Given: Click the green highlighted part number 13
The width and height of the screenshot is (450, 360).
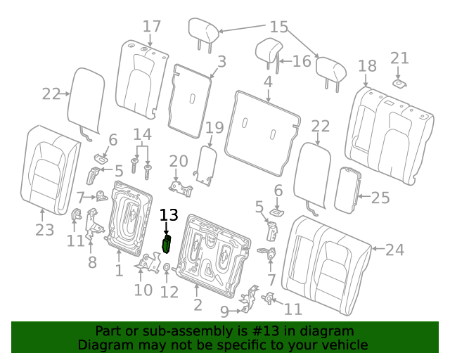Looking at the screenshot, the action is pyautogui.click(x=167, y=244).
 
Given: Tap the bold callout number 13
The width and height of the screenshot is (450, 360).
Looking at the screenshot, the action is pyautogui.click(x=169, y=214).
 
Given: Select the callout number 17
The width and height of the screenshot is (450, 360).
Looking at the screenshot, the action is pyautogui.click(x=152, y=27).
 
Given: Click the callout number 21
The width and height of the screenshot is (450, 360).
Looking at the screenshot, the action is pyautogui.click(x=399, y=58).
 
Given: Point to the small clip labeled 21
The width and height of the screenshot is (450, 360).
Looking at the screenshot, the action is pyautogui.click(x=399, y=84).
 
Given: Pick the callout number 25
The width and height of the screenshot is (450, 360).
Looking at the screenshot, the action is pyautogui.click(x=380, y=198).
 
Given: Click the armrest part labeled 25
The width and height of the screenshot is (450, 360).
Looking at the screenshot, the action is pyautogui.click(x=348, y=190).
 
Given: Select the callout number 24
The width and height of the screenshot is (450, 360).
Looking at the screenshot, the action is pyautogui.click(x=394, y=250).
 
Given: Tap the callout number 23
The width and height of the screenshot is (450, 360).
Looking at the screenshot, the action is pyautogui.click(x=45, y=230).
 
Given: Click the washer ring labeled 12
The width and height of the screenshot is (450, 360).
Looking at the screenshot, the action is pyautogui.click(x=167, y=267).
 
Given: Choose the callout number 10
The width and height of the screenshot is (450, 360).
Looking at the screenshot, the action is pyautogui.click(x=143, y=290).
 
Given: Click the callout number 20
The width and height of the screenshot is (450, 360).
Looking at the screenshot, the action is pyautogui.click(x=179, y=161).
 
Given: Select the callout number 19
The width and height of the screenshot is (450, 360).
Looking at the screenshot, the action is pyautogui.click(x=214, y=127).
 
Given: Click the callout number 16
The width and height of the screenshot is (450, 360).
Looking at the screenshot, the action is pyautogui.click(x=302, y=61).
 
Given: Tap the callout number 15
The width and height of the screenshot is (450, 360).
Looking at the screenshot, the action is pyautogui.click(x=279, y=27).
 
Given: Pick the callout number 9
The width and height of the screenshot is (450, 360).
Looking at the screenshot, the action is pyautogui.click(x=225, y=311).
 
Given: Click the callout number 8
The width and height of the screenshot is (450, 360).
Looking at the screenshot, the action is pyautogui.click(x=92, y=262).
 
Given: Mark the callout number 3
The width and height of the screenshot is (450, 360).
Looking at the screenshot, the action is pyautogui.click(x=222, y=61).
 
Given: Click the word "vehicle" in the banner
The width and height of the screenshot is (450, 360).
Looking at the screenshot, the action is pyautogui.click(x=347, y=345).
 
